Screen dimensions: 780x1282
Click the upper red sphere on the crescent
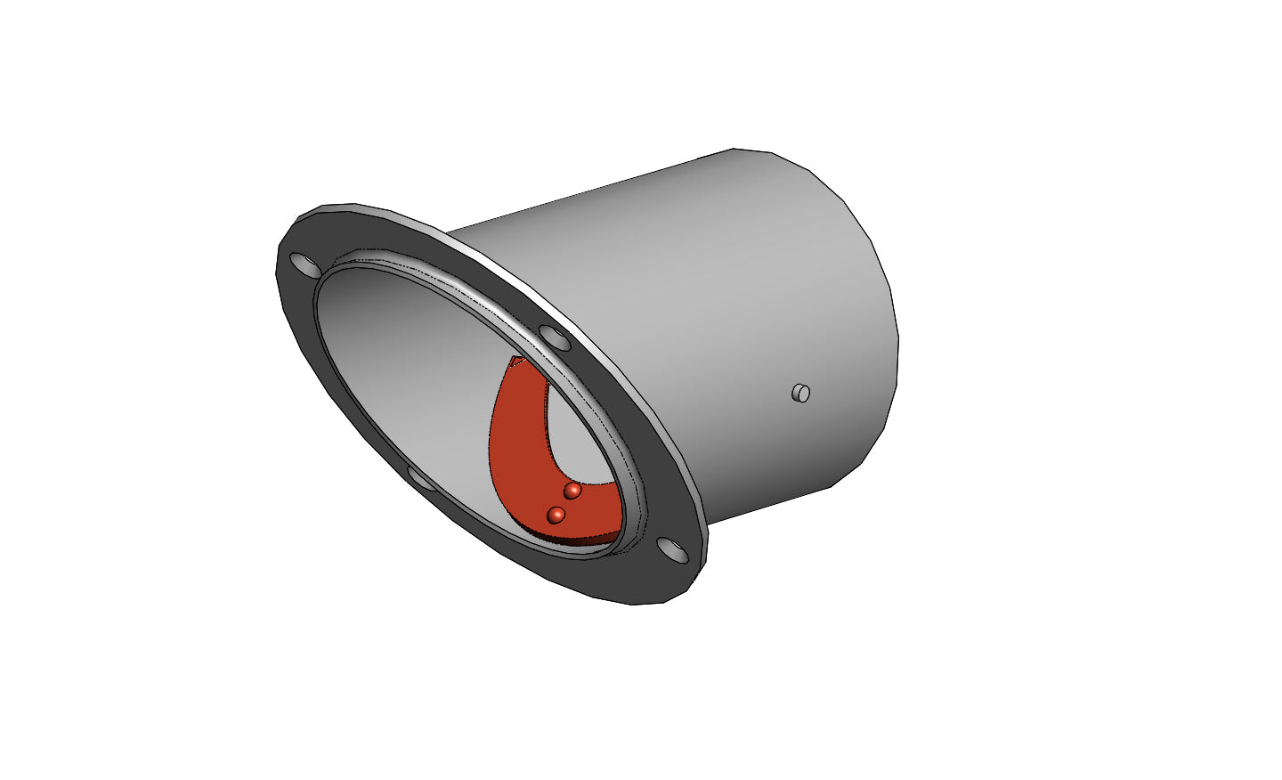tap(572, 491)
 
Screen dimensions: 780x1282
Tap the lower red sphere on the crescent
tap(556, 515)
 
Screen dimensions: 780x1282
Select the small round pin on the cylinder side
tap(801, 393)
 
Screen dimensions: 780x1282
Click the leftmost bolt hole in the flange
tap(304, 264)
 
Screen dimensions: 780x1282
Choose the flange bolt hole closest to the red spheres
tap(674, 550)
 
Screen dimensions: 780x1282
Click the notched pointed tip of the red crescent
tap(515, 362)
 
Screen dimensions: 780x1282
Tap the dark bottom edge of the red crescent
tap(579, 538)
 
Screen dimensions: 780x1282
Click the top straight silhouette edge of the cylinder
tap(588, 189)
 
